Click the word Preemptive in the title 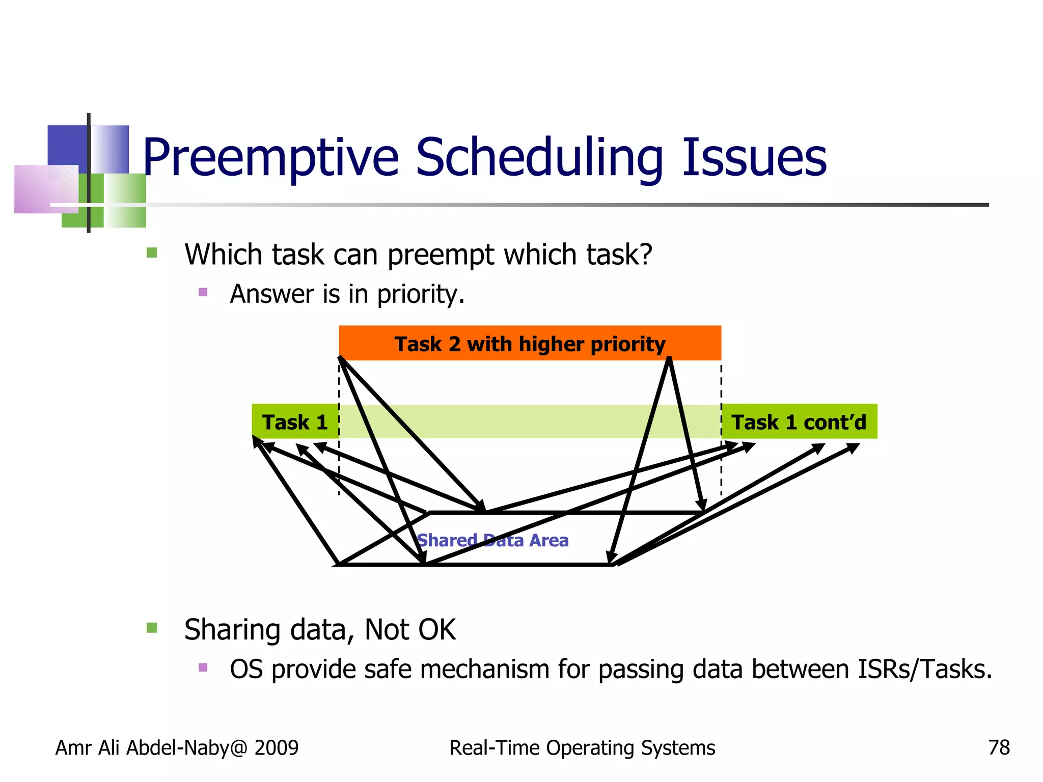(x=270, y=158)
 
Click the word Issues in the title (x=754, y=158)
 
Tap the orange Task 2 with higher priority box (x=530, y=344)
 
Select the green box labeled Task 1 (x=295, y=422)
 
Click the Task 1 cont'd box (x=799, y=422)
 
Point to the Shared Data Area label (x=492, y=540)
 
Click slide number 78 (x=999, y=748)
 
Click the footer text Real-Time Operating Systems (x=582, y=748)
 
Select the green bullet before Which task (x=152, y=253)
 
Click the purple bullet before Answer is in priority (x=203, y=292)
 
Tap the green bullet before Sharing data (x=152, y=628)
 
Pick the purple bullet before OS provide (x=203, y=667)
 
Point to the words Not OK (x=410, y=630)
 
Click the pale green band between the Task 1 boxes (x=530, y=422)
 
